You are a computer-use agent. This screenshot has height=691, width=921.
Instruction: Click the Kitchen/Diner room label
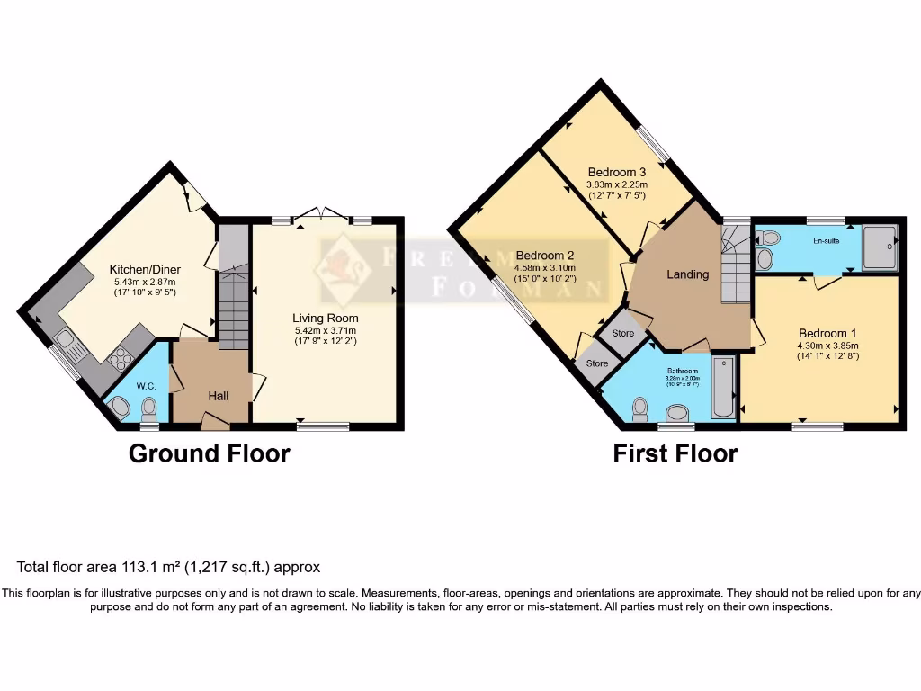point(144,269)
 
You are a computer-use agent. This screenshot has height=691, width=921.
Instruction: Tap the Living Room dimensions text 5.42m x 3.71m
point(325,329)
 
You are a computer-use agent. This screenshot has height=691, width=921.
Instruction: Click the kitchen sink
point(67,343)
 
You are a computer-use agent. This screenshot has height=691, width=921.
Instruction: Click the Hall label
point(219,395)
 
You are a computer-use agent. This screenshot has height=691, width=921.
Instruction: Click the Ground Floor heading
point(210,453)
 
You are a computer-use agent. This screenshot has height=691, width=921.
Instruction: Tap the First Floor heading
point(675,453)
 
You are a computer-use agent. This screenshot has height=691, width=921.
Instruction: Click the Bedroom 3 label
point(617,172)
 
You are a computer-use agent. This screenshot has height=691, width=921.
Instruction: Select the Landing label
point(687,274)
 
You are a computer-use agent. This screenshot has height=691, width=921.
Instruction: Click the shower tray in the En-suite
point(881,246)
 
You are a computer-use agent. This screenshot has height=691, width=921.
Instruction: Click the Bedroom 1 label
point(827,333)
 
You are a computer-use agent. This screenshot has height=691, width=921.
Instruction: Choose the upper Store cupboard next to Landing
point(622,333)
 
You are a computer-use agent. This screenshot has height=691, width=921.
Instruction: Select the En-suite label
point(826,241)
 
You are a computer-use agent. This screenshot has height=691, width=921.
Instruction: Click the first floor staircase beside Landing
point(734,266)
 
